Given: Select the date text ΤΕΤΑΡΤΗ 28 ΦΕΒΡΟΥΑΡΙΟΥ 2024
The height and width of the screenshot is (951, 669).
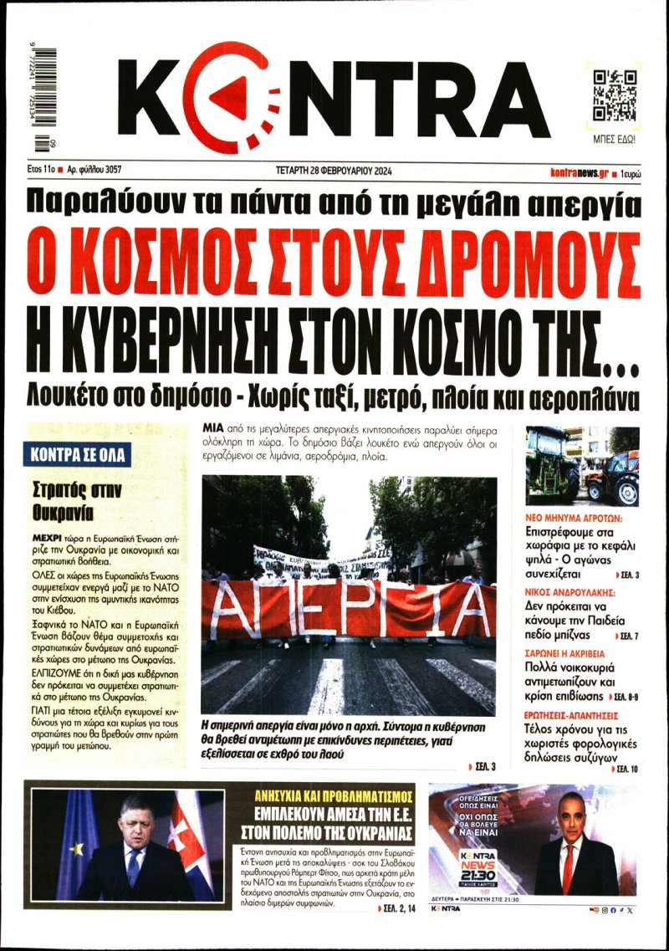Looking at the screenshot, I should tap(334, 171).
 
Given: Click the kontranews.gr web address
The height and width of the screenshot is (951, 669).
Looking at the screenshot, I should tap(578, 171).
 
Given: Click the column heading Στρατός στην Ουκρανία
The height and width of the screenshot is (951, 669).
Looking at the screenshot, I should tap(81, 499).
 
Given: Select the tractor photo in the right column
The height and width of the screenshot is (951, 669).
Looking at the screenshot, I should tap(582, 465).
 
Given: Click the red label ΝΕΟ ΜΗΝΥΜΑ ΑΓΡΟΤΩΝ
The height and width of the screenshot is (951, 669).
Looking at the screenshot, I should tap(579, 518).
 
